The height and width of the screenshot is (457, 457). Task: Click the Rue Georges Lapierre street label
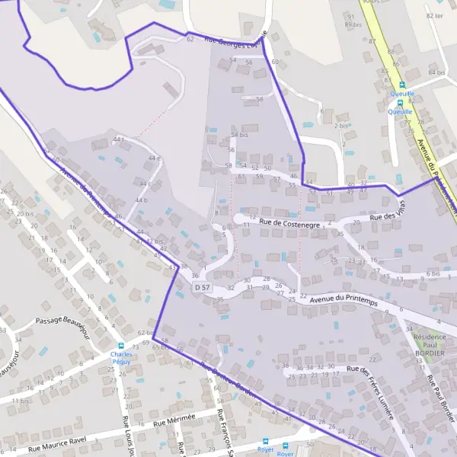point(237,45)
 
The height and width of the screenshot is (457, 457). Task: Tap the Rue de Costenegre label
point(289,223)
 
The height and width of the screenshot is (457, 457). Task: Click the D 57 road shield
point(202,286)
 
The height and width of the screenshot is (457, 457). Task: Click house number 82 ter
point(435,15)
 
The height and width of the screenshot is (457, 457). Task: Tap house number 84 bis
point(436,72)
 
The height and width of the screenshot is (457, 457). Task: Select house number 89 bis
point(353,25)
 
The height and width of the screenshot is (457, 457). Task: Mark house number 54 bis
point(240,135)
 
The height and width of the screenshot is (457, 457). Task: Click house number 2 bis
point(341,126)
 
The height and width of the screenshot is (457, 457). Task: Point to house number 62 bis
point(145,333)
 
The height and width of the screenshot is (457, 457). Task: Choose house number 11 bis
point(20,400)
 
